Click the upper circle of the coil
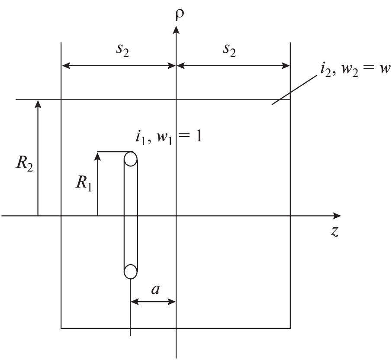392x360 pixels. (x=131, y=159)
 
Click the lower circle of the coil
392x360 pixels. (x=131, y=271)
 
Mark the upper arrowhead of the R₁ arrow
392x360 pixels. (x=97, y=156)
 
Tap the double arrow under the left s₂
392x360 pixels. (x=119, y=66)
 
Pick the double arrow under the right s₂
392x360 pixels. (x=233, y=66)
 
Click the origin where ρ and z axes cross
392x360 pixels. (x=176, y=215)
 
